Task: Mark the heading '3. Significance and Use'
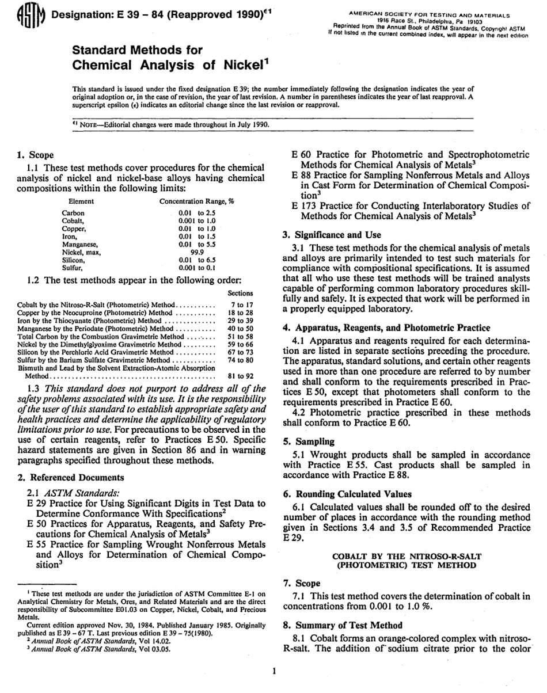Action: pos(332,235)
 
